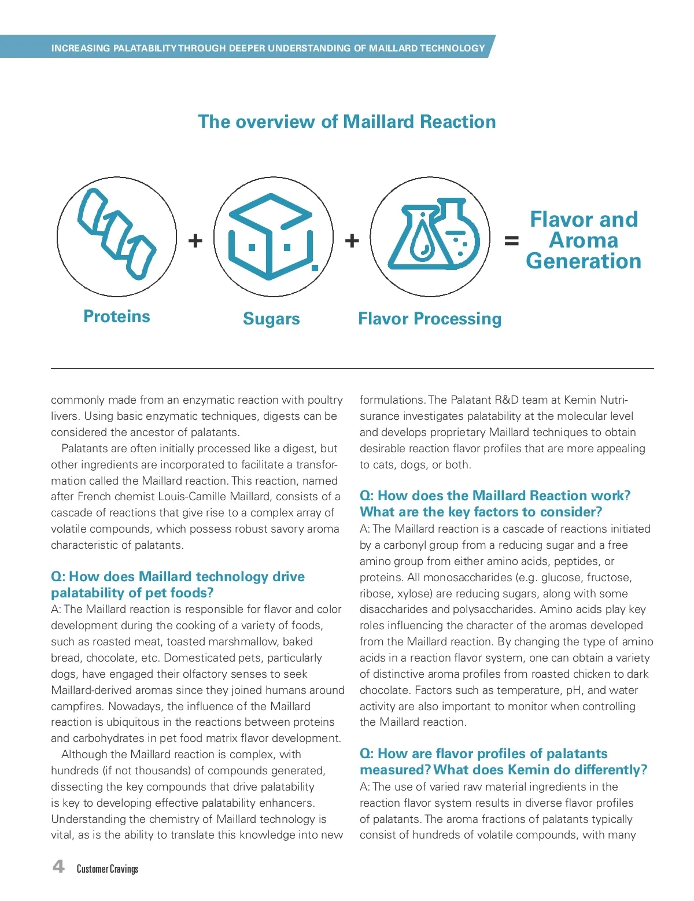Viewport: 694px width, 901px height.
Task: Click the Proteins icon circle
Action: (117, 237)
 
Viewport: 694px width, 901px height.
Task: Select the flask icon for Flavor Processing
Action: (430, 237)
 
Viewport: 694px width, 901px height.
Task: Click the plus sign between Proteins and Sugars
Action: (195, 241)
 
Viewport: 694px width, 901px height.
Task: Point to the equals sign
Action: (511, 241)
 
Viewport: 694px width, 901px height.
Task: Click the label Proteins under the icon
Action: (117, 316)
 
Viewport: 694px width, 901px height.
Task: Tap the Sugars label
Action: (271, 319)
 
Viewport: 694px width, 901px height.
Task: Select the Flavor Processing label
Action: (430, 319)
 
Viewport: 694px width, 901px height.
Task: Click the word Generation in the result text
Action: (584, 261)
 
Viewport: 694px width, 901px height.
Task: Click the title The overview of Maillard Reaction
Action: (347, 121)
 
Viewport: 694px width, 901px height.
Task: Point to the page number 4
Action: (58, 866)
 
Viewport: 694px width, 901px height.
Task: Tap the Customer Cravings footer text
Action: (108, 869)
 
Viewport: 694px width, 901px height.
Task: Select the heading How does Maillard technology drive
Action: (178, 577)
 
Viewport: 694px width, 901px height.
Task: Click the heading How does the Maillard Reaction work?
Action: (495, 496)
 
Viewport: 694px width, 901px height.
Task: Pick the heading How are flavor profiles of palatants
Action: (483, 754)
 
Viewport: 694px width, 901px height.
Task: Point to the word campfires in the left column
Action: (77, 706)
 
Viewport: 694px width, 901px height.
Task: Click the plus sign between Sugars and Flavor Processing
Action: (352, 241)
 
